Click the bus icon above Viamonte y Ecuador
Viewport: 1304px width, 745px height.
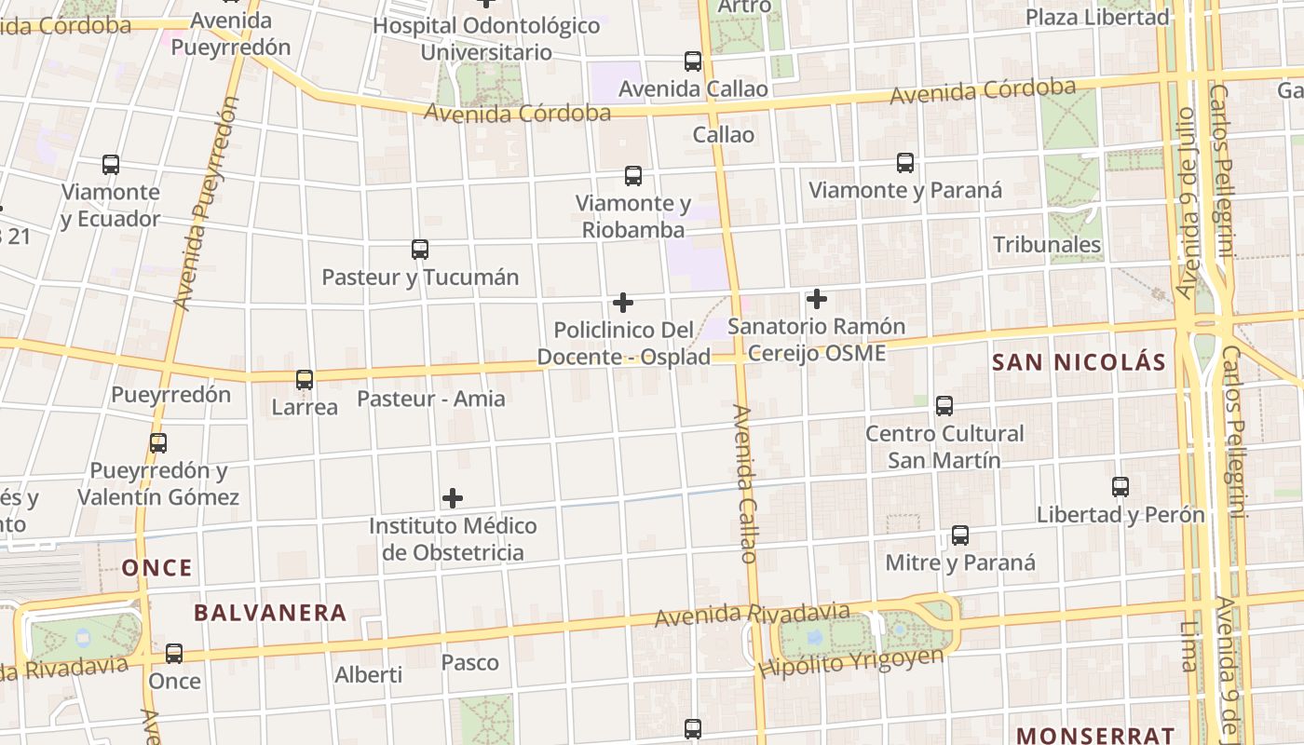tap(111, 165)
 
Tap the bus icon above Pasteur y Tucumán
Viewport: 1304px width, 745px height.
tap(420, 250)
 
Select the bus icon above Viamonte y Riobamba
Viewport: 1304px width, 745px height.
tap(633, 176)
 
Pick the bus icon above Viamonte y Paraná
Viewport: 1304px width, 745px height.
tap(905, 163)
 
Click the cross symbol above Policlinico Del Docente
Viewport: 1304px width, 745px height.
tap(623, 303)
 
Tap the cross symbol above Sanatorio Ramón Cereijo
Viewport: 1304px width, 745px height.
tap(817, 299)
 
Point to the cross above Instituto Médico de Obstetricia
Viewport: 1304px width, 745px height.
tap(453, 498)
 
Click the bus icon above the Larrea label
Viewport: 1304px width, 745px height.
tap(305, 380)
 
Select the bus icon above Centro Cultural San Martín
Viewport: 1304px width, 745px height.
tap(944, 406)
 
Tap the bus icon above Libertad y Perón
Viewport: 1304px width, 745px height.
tap(1121, 487)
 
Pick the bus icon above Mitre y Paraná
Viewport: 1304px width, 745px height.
tap(960, 535)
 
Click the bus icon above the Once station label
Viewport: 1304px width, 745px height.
tap(174, 654)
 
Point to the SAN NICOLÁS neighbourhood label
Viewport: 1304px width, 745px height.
tap(1079, 362)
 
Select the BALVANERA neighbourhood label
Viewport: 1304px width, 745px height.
tap(270, 613)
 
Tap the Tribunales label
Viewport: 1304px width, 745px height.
tap(1047, 245)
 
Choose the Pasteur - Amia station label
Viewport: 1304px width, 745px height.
tap(431, 399)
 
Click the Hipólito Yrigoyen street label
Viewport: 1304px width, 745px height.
tap(850, 662)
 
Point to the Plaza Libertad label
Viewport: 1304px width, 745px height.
tap(1097, 17)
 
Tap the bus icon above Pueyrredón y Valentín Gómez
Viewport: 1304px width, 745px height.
tap(158, 443)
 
